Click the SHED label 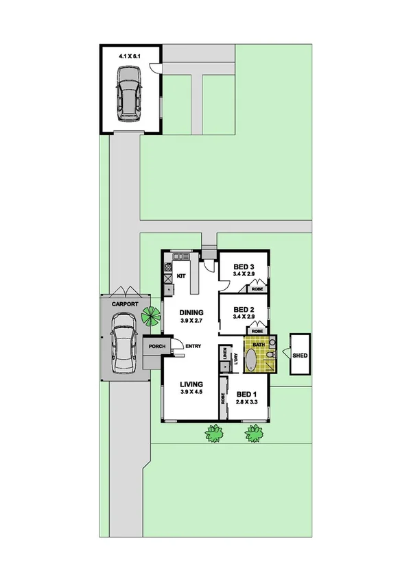click(301, 356)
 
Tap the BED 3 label click(244, 267)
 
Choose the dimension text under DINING click(192, 321)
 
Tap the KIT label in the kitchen click(181, 275)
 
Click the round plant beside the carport click(150, 316)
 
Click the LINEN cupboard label click(225, 354)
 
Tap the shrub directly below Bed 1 click(255, 433)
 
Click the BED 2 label click(244, 308)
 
